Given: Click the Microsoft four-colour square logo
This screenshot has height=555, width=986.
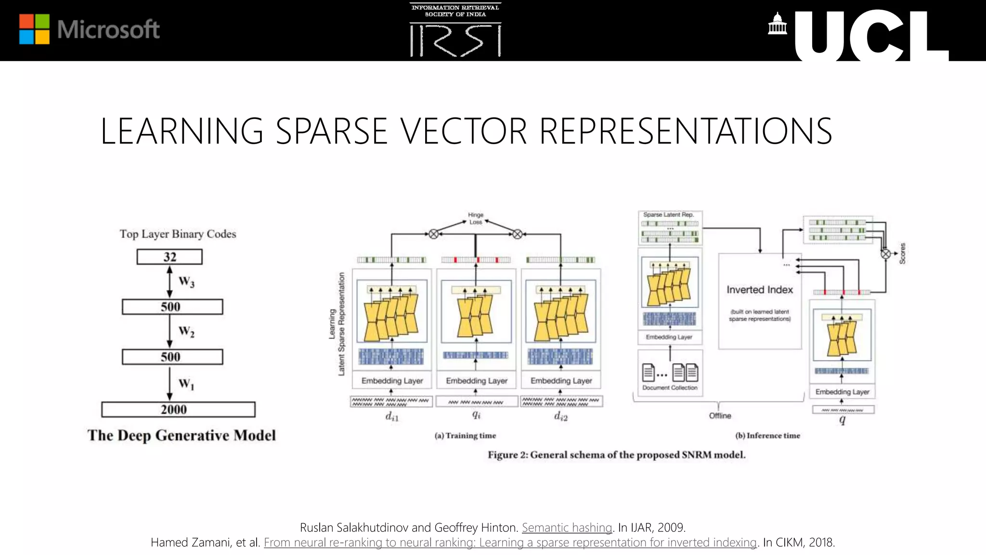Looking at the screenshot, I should [x=34, y=29].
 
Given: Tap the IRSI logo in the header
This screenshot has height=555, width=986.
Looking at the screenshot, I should [x=455, y=30].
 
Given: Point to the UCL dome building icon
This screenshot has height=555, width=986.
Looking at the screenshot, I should [x=777, y=24].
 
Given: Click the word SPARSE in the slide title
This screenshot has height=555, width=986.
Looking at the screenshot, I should [x=331, y=131].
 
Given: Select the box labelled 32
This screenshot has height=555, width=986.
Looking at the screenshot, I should [x=169, y=257].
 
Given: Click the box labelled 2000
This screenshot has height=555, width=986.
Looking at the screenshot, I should [x=178, y=410].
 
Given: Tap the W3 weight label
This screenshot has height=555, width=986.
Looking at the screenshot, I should [x=186, y=282].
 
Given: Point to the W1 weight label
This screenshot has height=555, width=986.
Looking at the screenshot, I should [x=186, y=384].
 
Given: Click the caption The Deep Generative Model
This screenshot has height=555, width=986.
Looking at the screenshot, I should [x=182, y=436].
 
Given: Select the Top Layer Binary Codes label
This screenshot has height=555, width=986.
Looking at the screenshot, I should [x=178, y=234].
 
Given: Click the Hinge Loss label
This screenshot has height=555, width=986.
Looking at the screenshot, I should [x=476, y=218].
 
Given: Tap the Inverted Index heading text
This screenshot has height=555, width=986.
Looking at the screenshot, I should [x=760, y=290].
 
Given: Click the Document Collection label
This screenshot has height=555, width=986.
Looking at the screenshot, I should [x=670, y=388].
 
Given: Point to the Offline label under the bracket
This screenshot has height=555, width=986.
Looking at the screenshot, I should [x=720, y=416].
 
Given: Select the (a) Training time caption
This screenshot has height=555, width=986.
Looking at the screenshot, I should [x=465, y=436].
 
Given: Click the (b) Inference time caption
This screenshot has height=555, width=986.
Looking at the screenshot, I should [x=767, y=436].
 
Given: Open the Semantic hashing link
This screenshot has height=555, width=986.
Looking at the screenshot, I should [x=567, y=528].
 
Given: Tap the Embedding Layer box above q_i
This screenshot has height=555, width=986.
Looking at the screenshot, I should [x=477, y=381].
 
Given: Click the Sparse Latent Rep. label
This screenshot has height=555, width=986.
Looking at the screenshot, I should [x=668, y=215].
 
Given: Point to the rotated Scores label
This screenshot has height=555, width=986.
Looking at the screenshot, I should [x=902, y=253].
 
